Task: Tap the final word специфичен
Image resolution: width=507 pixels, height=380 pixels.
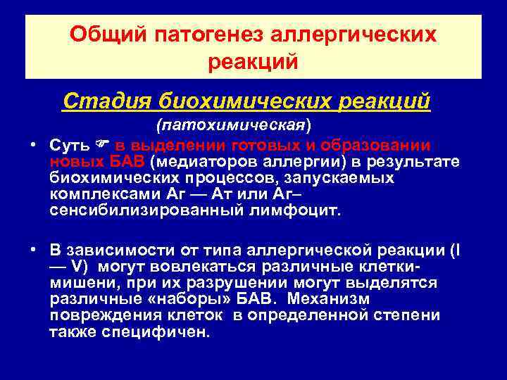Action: (x=160, y=331)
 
